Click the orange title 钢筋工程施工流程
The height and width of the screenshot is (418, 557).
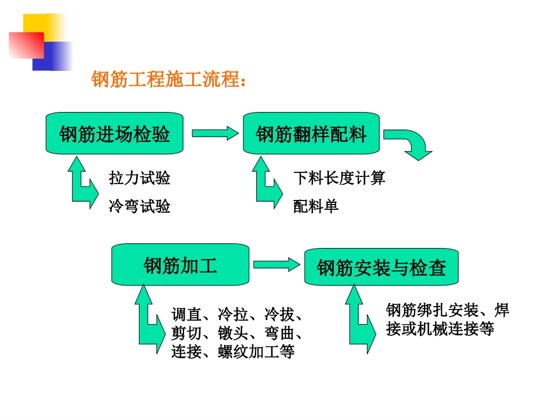click(168, 80)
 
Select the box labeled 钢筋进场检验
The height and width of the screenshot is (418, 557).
click(115, 134)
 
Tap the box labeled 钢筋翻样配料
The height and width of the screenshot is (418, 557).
click(311, 134)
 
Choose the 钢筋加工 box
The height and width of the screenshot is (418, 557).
click(180, 265)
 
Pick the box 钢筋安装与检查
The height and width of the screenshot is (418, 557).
click(381, 267)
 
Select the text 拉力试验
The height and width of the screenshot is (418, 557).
click(139, 178)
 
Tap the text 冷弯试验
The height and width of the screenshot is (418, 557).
click(139, 206)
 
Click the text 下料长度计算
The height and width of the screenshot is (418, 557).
click(339, 178)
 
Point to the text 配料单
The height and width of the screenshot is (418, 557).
click(316, 206)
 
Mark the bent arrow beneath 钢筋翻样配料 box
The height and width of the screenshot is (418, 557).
click(267, 185)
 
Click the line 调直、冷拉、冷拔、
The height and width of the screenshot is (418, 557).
click(237, 314)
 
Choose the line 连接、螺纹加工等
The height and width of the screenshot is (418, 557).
click(232, 351)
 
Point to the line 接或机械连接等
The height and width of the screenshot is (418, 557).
click(440, 329)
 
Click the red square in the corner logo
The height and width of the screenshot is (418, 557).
click(26, 45)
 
